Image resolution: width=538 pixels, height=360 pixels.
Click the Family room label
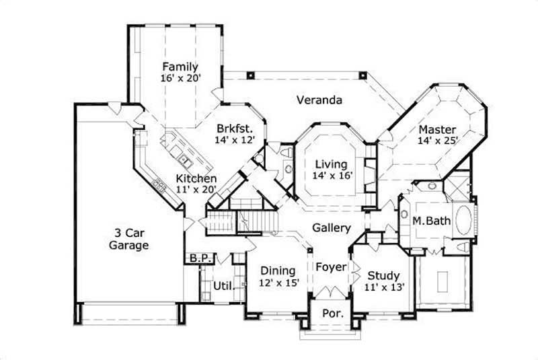pyautogui.click(x=179, y=67)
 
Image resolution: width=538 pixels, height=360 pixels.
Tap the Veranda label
pyautogui.click(x=319, y=100)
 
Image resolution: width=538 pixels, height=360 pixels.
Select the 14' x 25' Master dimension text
pyautogui.click(x=437, y=141)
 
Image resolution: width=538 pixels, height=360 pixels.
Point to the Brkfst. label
pyautogui.click(x=234, y=128)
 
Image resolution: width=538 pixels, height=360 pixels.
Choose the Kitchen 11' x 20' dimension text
pyautogui.click(x=196, y=190)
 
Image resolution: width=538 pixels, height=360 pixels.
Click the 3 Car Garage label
pyautogui.click(x=128, y=239)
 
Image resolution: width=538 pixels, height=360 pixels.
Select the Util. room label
pyautogui.click(x=224, y=286)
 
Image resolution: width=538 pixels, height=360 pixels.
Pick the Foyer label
pyautogui.click(x=331, y=267)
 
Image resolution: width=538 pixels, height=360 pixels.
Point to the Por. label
pyautogui.click(x=330, y=314)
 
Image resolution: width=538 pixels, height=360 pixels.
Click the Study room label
pyautogui.click(x=384, y=275)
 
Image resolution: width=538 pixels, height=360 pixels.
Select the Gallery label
pyautogui.click(x=332, y=228)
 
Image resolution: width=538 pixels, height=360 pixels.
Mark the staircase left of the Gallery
pyautogui.click(x=259, y=220)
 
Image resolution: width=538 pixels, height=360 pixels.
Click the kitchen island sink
pyautogui.click(x=184, y=160)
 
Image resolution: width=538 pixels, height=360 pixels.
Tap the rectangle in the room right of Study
pyautogui.click(x=442, y=281)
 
